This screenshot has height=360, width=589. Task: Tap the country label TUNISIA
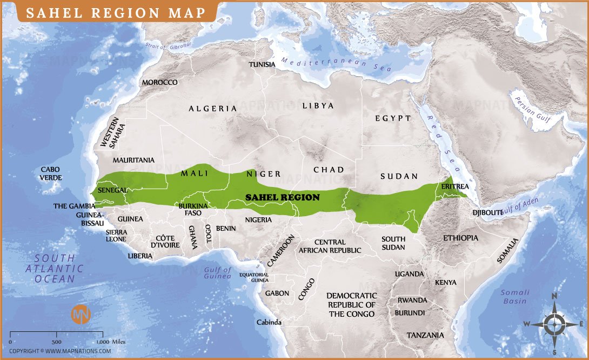click(x=262, y=64)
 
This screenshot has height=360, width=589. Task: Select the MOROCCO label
click(x=159, y=82)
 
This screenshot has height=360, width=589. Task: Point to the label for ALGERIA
click(x=212, y=109)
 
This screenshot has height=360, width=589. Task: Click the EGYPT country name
click(x=393, y=118)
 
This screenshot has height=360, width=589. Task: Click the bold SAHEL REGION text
click(x=283, y=197)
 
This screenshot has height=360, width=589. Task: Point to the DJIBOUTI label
click(x=487, y=212)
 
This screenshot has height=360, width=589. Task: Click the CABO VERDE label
click(x=51, y=174)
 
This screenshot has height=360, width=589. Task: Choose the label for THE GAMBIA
click(x=74, y=206)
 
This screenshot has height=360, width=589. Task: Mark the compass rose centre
click(x=554, y=324)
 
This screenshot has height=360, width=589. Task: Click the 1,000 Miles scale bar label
click(x=111, y=342)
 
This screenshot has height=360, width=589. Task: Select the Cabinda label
click(x=269, y=323)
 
